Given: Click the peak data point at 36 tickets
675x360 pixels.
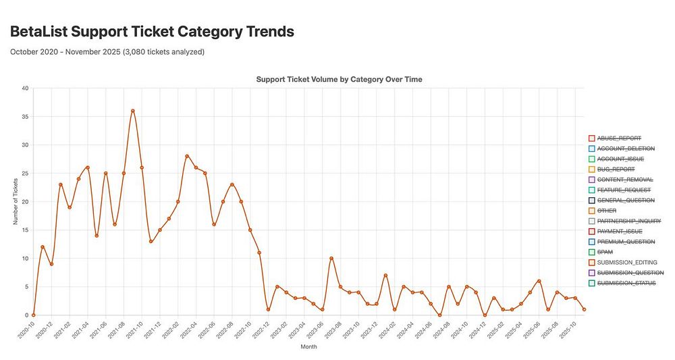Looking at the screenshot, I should [x=133, y=111].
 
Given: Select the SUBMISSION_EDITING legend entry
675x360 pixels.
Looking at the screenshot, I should [x=627, y=262].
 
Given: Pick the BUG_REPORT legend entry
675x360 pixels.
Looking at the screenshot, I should [x=616, y=169].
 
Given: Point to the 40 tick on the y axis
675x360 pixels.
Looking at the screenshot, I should [x=24, y=88].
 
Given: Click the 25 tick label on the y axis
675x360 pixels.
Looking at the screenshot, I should [x=24, y=174].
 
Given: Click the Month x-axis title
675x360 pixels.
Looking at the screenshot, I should [x=308, y=347].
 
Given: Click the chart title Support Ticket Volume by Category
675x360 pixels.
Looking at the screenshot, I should [x=339, y=79].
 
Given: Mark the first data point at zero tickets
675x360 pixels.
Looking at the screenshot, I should [x=33, y=315].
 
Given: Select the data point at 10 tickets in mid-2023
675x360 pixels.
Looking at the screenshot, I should [x=331, y=258].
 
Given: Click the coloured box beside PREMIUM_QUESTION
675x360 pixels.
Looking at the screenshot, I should [x=591, y=241].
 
